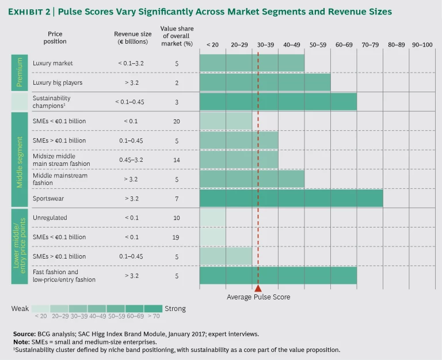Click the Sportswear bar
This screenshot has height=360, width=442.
[x=291, y=198]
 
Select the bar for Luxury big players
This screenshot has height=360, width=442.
[x=265, y=82]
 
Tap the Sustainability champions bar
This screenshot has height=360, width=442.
[x=278, y=102]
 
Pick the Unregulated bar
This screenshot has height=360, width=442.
[x=212, y=218]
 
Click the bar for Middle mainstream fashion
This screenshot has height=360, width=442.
[x=252, y=179]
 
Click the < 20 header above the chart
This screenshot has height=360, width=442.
[x=212, y=44]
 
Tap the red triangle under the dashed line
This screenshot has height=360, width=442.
[x=258, y=288]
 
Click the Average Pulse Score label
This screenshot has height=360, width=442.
[x=258, y=297]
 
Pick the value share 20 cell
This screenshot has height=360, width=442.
[x=177, y=122]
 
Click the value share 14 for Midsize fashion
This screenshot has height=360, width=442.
[x=177, y=160]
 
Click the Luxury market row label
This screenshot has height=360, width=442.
[x=52, y=63]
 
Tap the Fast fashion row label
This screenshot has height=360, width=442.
[x=64, y=275]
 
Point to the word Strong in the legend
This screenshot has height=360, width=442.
[x=175, y=309]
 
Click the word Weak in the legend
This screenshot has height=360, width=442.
[x=20, y=309]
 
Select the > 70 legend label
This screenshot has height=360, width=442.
[x=154, y=316]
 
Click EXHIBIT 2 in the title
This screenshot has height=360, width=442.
[x=37, y=12]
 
